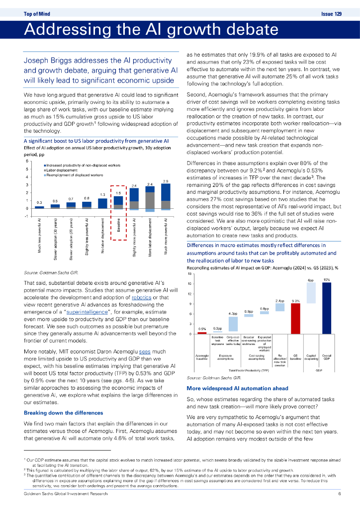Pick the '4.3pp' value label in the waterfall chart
pos(233,314)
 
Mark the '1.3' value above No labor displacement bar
pos(102,195)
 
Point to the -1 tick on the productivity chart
pos(27,216)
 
